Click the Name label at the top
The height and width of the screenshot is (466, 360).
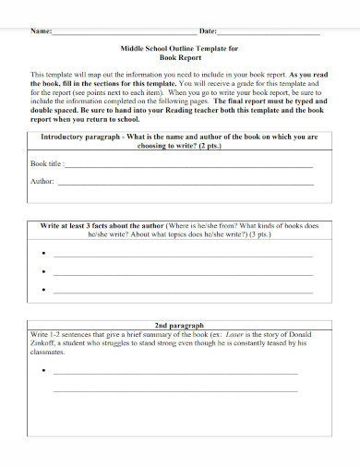click(41, 31)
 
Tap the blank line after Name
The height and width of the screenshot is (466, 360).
click(120, 33)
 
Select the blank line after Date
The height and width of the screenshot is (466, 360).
click(268, 33)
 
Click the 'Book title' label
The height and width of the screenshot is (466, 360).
click(46, 163)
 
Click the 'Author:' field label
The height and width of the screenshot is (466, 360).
click(42, 182)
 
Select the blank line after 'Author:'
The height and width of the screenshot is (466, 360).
click(185, 184)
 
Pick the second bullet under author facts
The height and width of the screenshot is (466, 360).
click(42, 272)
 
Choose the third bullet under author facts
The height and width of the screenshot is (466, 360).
click(42, 291)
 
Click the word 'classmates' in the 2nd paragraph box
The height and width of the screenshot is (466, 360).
click(49, 352)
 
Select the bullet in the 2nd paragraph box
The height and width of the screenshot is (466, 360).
click(42, 372)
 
